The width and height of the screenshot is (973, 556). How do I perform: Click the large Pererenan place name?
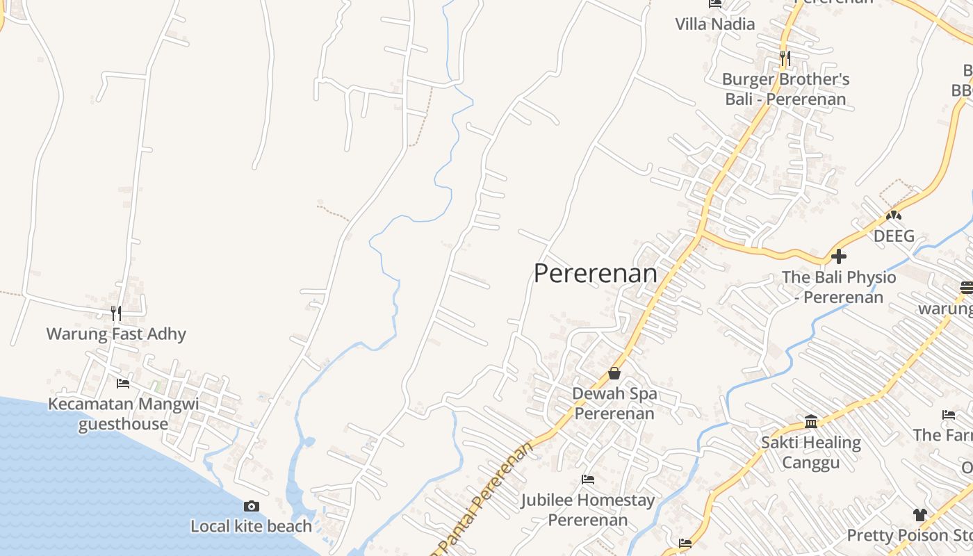[x=596, y=274]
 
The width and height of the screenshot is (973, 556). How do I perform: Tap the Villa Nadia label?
[x=714, y=24]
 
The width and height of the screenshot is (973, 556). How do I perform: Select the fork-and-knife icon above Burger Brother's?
[x=785, y=58]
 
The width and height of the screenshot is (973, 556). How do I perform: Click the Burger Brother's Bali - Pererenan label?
[x=785, y=89]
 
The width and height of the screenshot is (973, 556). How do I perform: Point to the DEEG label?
[x=894, y=236]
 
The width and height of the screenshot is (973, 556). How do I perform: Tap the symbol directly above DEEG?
[x=894, y=215]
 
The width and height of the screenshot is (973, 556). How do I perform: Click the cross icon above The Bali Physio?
[x=839, y=256]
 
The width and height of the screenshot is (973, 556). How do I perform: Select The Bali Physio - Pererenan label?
[x=839, y=287]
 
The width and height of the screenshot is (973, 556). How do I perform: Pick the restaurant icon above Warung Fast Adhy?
[x=116, y=313]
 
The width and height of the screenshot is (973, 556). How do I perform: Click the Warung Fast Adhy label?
[x=116, y=334]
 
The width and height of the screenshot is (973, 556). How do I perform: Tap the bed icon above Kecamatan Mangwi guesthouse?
[x=123, y=383]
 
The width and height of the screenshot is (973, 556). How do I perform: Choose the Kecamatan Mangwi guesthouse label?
[x=123, y=414]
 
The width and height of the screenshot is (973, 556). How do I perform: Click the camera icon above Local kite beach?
[x=252, y=506]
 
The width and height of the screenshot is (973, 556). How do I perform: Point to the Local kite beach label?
[x=252, y=527]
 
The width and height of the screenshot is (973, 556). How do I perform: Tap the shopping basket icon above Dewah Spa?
[x=614, y=373]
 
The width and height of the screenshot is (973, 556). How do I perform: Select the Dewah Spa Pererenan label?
[x=614, y=404]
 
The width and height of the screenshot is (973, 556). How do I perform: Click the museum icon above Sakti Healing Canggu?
[x=810, y=421]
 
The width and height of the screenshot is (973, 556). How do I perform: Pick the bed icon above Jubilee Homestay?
[x=588, y=480]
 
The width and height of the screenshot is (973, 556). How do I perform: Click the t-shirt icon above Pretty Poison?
[x=920, y=515]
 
